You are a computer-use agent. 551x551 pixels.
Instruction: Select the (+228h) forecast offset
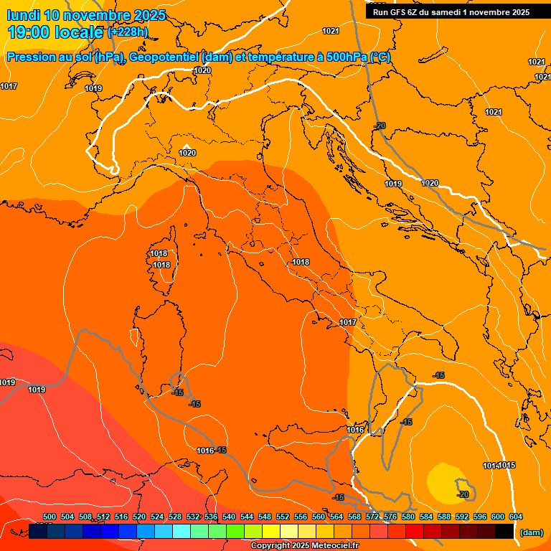(x=127, y=32)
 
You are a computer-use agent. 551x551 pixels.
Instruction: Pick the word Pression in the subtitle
(x=32, y=57)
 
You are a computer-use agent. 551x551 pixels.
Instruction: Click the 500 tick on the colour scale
(x=50, y=517)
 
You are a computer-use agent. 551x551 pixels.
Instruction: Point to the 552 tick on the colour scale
(x=283, y=517)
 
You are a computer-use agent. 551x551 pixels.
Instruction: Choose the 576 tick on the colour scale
(x=390, y=517)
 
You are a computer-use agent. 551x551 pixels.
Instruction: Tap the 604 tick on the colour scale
(x=516, y=517)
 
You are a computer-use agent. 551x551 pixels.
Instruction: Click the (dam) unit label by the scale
(x=531, y=532)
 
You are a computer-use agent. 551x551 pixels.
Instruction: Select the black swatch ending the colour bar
(x=504, y=531)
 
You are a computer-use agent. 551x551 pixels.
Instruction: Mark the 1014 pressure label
(x=491, y=466)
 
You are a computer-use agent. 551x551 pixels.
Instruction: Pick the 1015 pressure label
(x=507, y=466)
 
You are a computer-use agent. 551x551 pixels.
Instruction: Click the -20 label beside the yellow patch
(x=463, y=494)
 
